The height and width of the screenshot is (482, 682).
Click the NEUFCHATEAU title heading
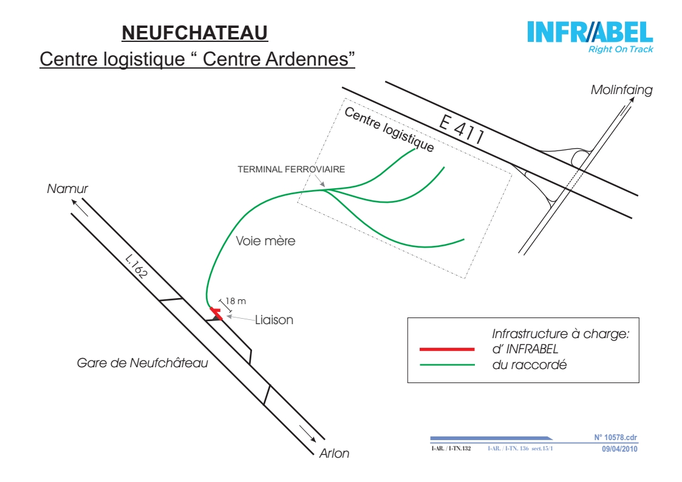(x=194, y=33)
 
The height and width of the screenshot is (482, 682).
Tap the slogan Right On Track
(x=621, y=49)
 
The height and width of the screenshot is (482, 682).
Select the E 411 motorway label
(x=462, y=129)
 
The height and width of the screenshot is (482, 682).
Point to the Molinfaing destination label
(x=621, y=90)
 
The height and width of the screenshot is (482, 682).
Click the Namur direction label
(x=67, y=189)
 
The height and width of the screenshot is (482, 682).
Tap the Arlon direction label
(x=334, y=453)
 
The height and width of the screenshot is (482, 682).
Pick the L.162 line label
(x=137, y=266)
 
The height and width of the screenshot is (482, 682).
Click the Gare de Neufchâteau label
(x=142, y=363)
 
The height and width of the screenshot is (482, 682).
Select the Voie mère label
(x=265, y=241)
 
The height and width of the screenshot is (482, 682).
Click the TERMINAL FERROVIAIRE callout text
(x=291, y=169)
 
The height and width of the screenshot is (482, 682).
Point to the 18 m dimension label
(x=235, y=300)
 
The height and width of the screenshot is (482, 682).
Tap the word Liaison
(x=274, y=320)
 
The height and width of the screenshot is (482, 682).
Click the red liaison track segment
(x=216, y=313)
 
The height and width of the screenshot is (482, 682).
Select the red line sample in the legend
(x=447, y=349)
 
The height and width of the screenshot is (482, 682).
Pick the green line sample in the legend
(x=447, y=365)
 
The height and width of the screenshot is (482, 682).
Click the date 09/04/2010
(x=619, y=449)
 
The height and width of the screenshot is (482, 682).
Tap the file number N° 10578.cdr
(x=615, y=438)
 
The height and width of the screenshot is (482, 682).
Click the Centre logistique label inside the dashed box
(x=389, y=129)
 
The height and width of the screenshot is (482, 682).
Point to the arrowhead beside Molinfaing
(x=632, y=100)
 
